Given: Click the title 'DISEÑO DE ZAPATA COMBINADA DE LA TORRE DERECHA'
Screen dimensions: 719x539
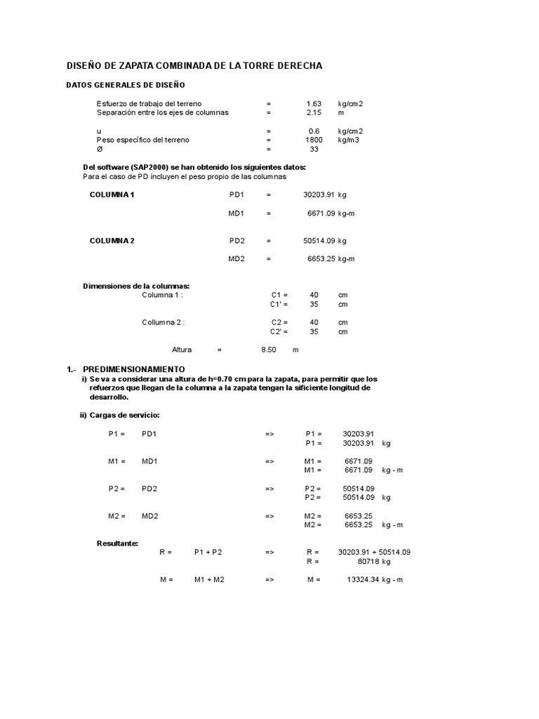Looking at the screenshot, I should [x=194, y=65].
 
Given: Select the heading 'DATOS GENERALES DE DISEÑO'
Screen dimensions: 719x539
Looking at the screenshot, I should [x=125, y=85].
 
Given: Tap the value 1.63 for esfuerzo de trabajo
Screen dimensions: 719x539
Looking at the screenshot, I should [x=314, y=103].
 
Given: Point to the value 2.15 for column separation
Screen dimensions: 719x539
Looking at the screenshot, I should [x=314, y=112].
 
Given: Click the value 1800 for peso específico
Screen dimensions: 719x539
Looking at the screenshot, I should [x=314, y=140].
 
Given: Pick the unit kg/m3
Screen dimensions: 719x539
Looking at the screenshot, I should [x=349, y=140].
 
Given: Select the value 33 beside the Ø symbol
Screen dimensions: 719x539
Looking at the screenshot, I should [x=314, y=149].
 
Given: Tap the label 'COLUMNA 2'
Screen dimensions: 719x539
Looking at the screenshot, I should [x=112, y=240].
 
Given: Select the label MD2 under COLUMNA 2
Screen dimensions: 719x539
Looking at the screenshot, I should [x=236, y=258].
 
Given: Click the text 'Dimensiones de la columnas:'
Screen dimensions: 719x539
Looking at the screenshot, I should [x=136, y=286].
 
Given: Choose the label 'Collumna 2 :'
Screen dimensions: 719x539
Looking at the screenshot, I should [x=163, y=322].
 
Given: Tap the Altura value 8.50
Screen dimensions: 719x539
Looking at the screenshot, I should [x=268, y=350].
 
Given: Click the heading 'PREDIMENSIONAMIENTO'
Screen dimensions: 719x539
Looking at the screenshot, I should [x=133, y=369].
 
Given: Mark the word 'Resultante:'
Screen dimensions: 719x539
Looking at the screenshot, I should [x=117, y=543].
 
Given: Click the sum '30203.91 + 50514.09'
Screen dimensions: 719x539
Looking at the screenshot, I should [x=374, y=552].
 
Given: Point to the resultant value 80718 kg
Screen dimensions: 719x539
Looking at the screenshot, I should [x=374, y=562].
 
